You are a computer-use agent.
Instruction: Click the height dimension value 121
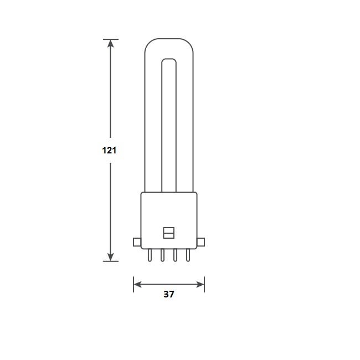[109, 151]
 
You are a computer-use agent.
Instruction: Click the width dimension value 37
[169, 294]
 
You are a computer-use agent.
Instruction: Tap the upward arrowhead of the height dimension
[111, 44]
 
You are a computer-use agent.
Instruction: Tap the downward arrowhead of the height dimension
[111, 256]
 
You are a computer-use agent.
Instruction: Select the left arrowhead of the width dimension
[138, 285]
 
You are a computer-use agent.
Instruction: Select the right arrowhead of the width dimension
[200, 285]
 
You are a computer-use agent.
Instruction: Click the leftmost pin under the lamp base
[150, 255]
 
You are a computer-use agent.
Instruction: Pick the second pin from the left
[162, 255]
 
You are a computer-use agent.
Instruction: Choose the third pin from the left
[175, 255]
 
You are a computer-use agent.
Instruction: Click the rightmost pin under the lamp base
[188, 255]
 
